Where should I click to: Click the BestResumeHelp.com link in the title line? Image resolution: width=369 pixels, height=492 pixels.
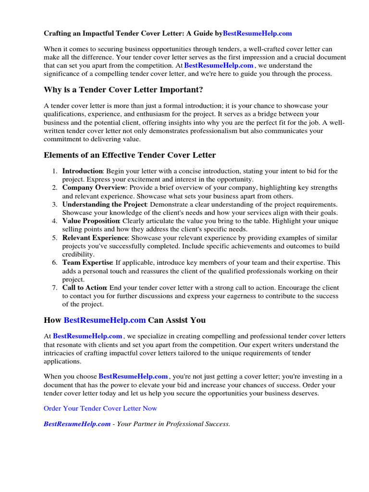coord(257,34)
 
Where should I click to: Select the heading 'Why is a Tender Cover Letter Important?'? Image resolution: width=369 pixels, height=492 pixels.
coord(123,90)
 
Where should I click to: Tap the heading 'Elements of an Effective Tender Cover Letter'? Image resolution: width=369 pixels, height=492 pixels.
coord(130,155)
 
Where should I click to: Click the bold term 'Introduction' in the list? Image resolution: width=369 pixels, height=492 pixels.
coord(82,171)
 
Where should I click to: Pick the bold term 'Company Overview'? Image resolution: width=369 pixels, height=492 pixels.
coord(94,187)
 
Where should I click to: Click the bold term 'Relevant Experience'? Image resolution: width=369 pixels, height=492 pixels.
coord(95,238)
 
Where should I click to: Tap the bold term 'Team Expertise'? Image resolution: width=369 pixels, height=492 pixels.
coord(87,263)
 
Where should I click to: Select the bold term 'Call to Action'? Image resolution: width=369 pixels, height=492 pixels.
coord(85,288)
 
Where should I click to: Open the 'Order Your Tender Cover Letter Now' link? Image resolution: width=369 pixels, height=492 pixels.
coord(100,408)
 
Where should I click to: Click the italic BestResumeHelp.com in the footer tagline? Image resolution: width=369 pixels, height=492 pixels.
coord(77,424)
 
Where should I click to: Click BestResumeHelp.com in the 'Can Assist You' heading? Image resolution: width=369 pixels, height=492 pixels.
coord(104,320)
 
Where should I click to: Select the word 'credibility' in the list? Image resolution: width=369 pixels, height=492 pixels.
coord(78,254)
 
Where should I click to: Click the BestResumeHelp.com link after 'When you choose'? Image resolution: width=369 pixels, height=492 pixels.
coord(133,376)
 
